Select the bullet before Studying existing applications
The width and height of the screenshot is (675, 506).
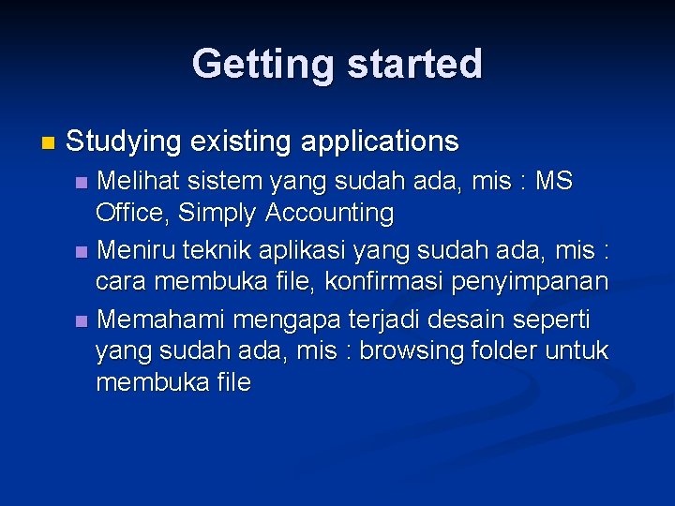tap(49, 143)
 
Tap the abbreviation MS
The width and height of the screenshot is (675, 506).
tap(553, 179)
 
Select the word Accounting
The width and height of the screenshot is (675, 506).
tap(329, 214)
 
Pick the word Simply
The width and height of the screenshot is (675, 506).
tap(217, 214)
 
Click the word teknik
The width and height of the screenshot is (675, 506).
tap(215, 250)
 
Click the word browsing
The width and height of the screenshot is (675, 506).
tap(412, 351)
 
